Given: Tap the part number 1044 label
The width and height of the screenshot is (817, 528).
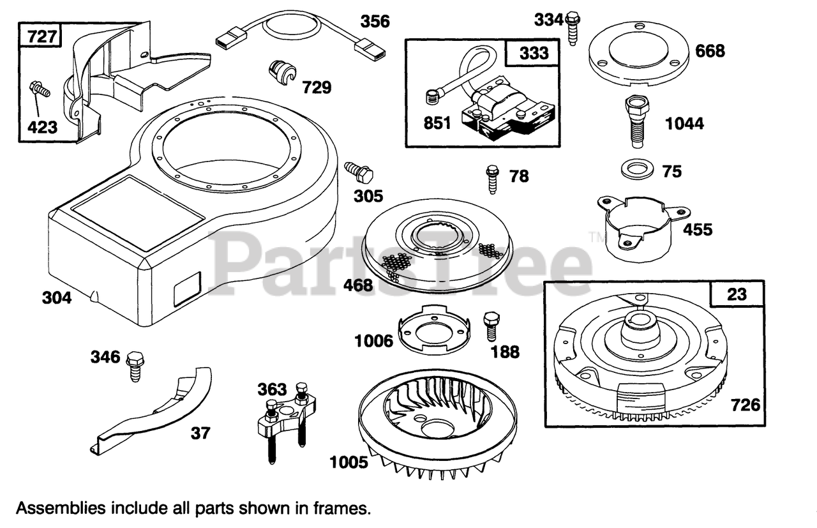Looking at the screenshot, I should pyautogui.click(x=684, y=123).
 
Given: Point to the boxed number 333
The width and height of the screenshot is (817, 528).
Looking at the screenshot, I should pyautogui.click(x=534, y=53).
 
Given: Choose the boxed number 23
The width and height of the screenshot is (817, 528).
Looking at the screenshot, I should pyautogui.click(x=737, y=294).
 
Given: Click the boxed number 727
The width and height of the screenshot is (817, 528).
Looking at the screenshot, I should pyautogui.click(x=41, y=36).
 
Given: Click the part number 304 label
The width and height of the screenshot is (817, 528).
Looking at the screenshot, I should pyautogui.click(x=57, y=298).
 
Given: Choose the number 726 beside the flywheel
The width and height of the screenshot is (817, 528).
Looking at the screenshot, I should pyautogui.click(x=746, y=404).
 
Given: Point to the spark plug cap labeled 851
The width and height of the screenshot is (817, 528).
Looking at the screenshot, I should pyautogui.click(x=432, y=98).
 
